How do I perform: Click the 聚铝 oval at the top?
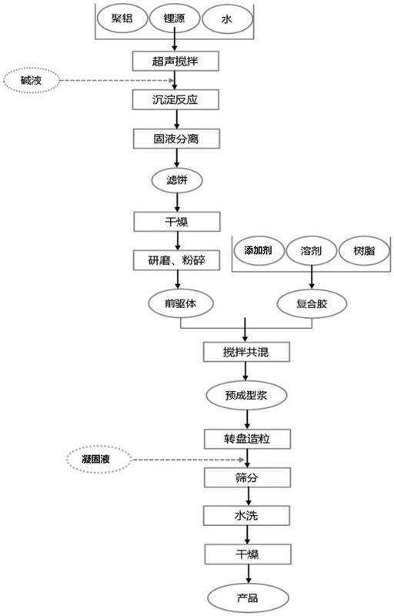pos(122,18)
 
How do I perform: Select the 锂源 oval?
pos(174,18)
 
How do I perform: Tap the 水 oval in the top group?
pos(226,18)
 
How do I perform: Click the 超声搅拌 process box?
pos(175,61)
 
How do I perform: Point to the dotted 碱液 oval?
pos(31,81)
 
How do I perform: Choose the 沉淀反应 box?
pos(175,99)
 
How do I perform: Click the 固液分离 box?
pos(176,139)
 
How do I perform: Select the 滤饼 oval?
pos(177,180)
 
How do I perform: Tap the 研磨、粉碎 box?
pos(176,260)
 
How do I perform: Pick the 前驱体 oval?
pos(181,303)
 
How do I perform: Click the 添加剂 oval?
pos(259,251)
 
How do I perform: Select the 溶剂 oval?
pos(312,251)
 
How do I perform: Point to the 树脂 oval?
pos(365,251)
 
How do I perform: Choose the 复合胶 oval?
pos(312,303)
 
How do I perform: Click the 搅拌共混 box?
pos(246,352)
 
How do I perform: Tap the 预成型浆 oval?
pos(246,395)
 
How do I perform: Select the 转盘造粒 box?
pos(247,439)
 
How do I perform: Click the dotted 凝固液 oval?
pos(98,459)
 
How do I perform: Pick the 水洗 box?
pos(247,515)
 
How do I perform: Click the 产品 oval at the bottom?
pos(248,599)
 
